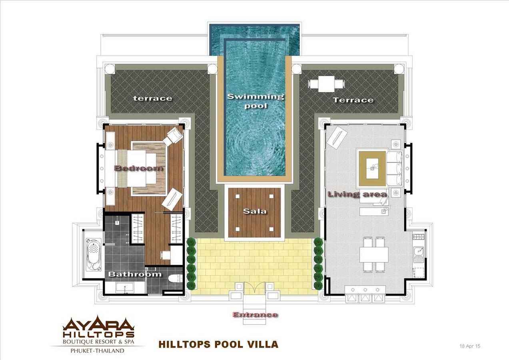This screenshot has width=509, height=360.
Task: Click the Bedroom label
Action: (139, 168)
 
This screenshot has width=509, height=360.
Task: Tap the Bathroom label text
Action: (135, 274)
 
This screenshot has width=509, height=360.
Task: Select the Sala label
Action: (255, 211)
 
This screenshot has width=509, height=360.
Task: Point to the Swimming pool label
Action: (255, 101)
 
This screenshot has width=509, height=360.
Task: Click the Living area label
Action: (357, 194)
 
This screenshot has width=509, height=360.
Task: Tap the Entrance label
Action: (255, 315)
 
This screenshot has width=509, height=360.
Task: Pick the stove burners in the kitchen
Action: (419, 236)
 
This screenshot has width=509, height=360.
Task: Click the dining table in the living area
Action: (374, 254)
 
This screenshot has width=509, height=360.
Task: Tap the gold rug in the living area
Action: (372, 168)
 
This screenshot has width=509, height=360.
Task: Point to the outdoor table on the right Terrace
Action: (326, 84)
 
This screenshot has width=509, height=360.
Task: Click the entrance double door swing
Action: (254, 289)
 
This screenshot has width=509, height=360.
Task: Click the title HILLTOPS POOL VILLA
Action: (218, 344)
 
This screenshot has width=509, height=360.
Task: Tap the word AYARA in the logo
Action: (98, 324)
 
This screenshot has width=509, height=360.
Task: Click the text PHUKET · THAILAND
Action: (98, 351)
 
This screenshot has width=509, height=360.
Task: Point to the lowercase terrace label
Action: (153, 98)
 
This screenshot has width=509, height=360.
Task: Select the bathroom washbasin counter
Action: (125, 288)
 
